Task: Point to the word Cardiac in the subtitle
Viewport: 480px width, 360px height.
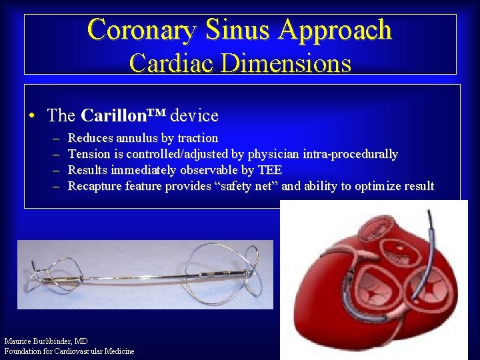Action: pos(171,63)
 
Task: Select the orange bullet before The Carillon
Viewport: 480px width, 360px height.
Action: pos(32,117)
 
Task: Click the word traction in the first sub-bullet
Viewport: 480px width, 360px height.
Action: pos(198,138)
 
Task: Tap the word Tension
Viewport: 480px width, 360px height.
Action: pos(89,154)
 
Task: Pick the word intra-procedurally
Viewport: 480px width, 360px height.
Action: pos(349,155)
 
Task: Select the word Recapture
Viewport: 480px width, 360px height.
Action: pos(96,186)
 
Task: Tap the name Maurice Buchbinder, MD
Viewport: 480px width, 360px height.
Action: pos(46,341)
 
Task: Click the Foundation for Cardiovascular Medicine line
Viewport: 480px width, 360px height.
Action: pos(69,351)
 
